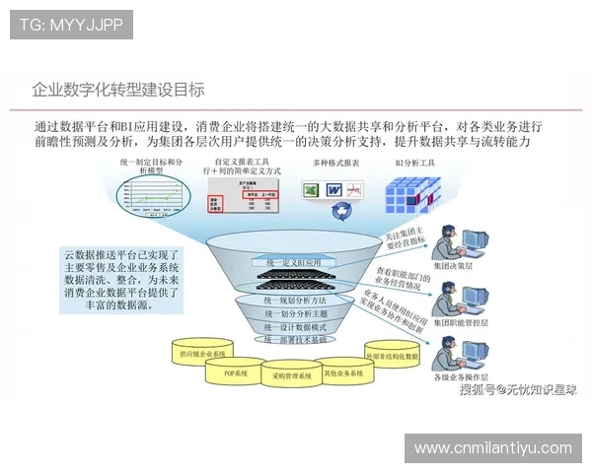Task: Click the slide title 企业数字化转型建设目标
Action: coord(118,90)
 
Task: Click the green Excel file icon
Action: coord(309,189)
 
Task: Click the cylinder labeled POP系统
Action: coord(234,372)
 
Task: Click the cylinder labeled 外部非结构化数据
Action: coord(392,356)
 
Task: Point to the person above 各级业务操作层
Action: coord(458,354)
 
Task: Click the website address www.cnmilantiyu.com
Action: coord(492,447)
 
